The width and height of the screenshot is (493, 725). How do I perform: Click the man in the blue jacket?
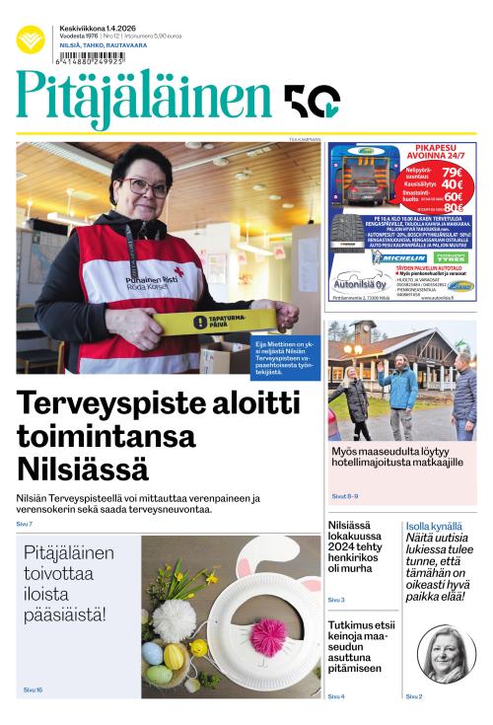click(398, 395)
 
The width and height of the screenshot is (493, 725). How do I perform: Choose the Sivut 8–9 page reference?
click(344, 496)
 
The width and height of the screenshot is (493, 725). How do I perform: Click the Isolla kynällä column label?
click(432, 527)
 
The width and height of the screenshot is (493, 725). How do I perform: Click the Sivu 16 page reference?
click(33, 690)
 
